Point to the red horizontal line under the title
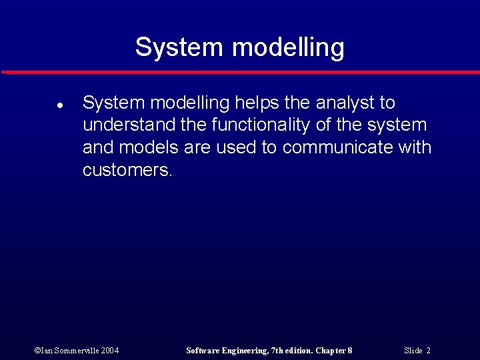(x=240, y=72)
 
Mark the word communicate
(x=338, y=147)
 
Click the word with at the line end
(x=415, y=147)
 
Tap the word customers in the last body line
(x=127, y=170)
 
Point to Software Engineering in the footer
(x=226, y=351)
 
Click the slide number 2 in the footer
(x=428, y=351)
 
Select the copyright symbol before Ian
(x=37, y=351)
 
